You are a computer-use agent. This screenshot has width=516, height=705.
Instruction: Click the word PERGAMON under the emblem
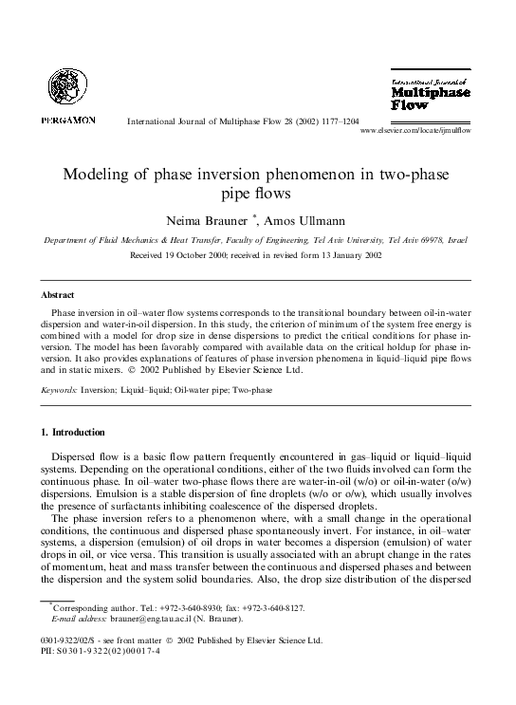[x=67, y=121]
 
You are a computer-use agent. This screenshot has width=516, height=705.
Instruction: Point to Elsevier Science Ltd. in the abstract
[x=279, y=370]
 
